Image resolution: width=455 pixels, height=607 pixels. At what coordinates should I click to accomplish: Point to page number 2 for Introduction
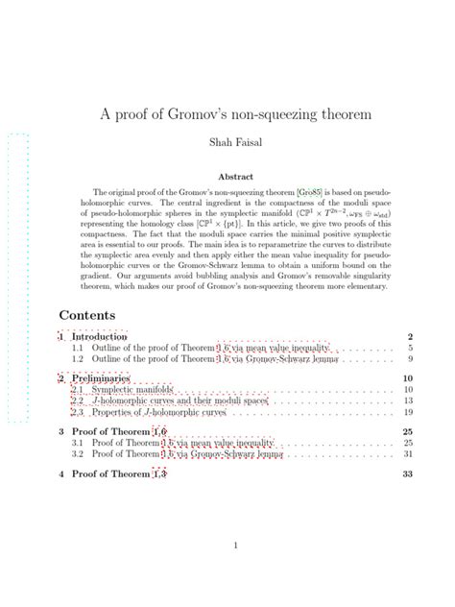tap(410, 337)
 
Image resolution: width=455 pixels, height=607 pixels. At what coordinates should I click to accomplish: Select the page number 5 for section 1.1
tap(410, 348)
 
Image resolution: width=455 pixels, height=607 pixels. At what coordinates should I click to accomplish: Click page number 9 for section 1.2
tap(410, 359)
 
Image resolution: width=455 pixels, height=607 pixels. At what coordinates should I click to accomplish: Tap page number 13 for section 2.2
tap(408, 401)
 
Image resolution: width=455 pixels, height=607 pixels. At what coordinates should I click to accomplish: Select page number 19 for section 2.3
tap(408, 412)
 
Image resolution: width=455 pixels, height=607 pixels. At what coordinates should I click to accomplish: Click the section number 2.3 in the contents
tap(78, 412)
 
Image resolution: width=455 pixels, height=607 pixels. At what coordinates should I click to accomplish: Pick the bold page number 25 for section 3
tap(408, 432)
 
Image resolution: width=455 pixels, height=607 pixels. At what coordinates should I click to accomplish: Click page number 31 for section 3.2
tap(408, 454)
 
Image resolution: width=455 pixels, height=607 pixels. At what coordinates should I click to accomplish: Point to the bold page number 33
tap(408, 474)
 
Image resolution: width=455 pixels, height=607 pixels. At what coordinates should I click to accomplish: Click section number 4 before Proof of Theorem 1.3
tap(61, 474)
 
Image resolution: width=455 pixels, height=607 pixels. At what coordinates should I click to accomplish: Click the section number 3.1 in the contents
tap(78, 444)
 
